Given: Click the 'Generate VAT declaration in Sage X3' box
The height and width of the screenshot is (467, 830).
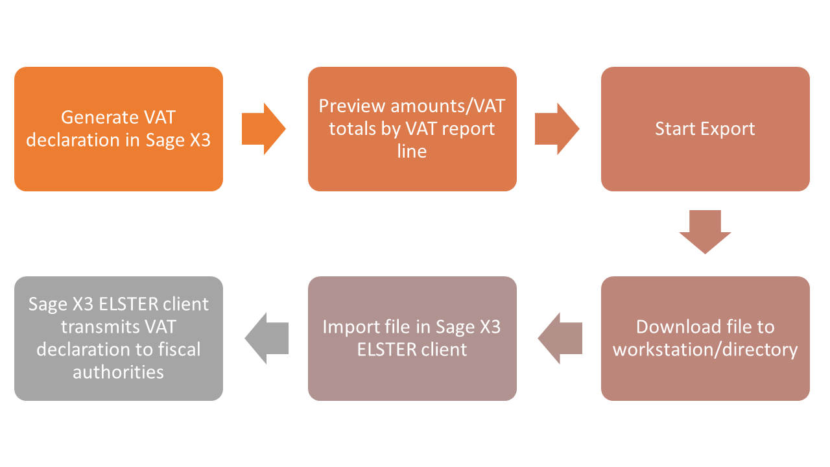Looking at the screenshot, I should pos(119,129).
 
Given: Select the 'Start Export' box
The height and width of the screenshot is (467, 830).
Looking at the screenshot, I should pos(705,129).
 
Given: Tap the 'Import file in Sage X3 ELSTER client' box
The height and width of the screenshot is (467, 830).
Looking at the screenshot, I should pos(412,338).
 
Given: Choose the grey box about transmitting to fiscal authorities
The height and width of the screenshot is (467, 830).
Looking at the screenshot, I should pos(119,338).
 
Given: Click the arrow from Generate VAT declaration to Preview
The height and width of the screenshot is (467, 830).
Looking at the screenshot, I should pos(263,129).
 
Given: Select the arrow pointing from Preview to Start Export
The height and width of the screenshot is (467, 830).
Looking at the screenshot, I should pos(556,129).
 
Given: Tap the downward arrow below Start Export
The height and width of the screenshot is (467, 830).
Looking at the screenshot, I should pos(705,232).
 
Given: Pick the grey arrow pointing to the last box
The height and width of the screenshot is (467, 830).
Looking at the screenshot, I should pos(265,338).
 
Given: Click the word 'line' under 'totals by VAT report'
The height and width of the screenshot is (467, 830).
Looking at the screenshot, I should pos(412,151).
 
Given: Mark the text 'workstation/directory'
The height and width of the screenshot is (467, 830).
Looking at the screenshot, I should pos(705,350).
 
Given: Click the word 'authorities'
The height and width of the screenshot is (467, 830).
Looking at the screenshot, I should pos(118,372).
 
